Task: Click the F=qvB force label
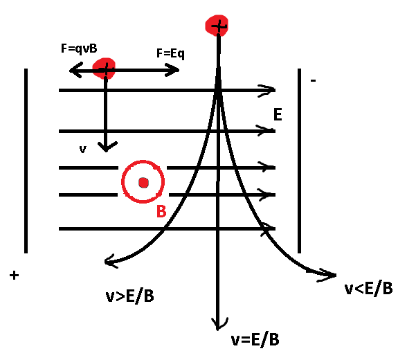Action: pyautogui.click(x=79, y=48)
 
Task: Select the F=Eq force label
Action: pyautogui.click(x=170, y=53)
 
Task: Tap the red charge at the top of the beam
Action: pyautogui.click(x=217, y=26)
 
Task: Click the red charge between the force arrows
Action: pyautogui.click(x=104, y=69)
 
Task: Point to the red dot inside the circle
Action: pyautogui.click(x=143, y=183)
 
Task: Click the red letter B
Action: pyautogui.click(x=161, y=211)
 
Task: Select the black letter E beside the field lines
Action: pyautogui.click(x=278, y=114)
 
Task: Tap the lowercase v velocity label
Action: pyautogui.click(x=83, y=150)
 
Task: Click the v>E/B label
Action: pyautogui.click(x=129, y=296)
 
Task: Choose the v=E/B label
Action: pyautogui.click(x=255, y=339)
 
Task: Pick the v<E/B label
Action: pyautogui.click(x=368, y=288)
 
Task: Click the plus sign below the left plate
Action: pyautogui.click(x=15, y=276)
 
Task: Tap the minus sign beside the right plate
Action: pyautogui.click(x=314, y=81)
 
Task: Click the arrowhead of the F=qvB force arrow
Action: pyautogui.click(x=75, y=70)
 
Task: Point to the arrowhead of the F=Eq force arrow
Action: pyautogui.click(x=172, y=70)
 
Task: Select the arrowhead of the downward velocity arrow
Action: pyautogui.click(x=107, y=147)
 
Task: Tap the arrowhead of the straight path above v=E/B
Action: pyautogui.click(x=219, y=324)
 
